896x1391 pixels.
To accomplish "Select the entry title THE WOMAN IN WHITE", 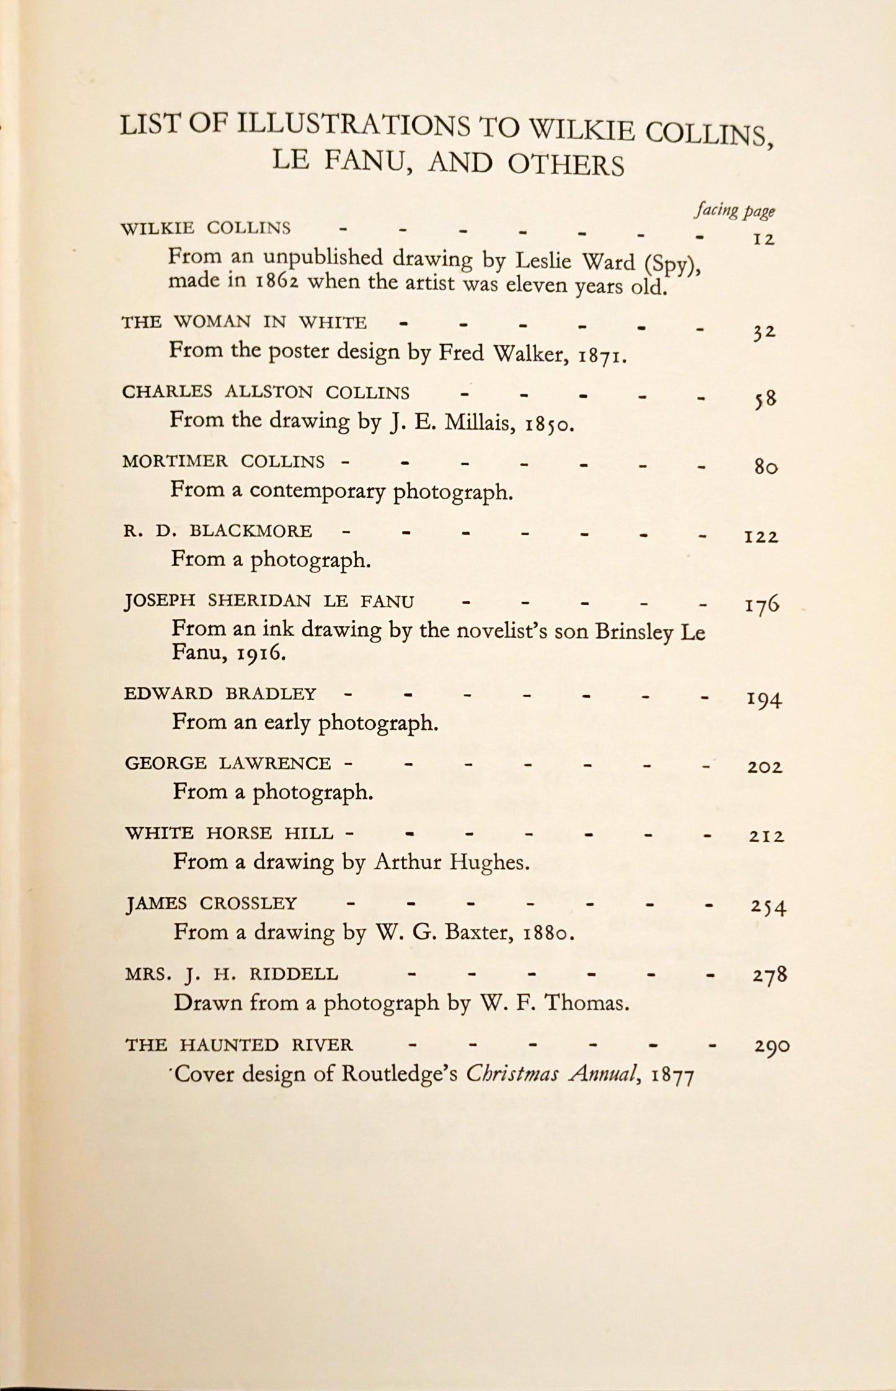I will coord(244,322).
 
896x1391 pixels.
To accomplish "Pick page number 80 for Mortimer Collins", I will coord(766,467).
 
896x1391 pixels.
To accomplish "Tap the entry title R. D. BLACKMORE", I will coord(217,531).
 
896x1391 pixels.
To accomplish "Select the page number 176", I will coord(762,604).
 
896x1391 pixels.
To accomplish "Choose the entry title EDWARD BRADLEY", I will coord(220,693).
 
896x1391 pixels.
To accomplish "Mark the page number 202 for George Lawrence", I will coord(765,768).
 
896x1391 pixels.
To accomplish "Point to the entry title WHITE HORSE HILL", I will coord(229,833).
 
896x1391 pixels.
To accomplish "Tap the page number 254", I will coord(768,907).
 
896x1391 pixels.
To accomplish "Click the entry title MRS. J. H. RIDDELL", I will coord(232,974).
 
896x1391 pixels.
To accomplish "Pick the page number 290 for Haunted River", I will coord(771,1047).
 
